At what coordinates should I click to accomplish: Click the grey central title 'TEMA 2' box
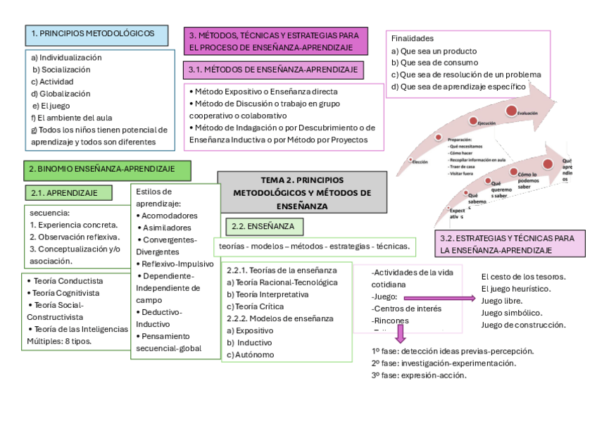[x=302, y=192]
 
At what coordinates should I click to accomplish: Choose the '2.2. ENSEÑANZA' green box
[x=265, y=226]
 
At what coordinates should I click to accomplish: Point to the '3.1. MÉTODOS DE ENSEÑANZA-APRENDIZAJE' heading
[x=272, y=70]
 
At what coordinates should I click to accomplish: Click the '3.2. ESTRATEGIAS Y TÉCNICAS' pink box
[x=509, y=244]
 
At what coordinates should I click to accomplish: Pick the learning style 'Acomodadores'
[x=169, y=216]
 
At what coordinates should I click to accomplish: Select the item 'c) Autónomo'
[x=251, y=354]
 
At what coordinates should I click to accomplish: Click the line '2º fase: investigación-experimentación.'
[x=444, y=363]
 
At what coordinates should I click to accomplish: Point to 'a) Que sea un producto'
[x=434, y=51]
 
